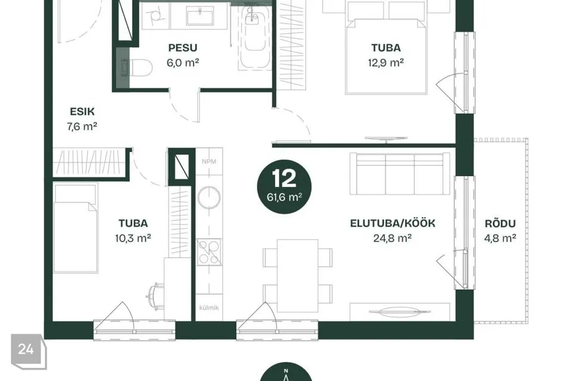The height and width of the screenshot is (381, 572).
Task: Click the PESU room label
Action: pos(182,48)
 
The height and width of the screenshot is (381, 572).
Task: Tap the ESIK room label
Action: pos(82,111)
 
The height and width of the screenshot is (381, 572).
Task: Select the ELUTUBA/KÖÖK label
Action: pos(393,223)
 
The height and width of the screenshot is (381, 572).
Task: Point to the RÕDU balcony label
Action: pos(500,223)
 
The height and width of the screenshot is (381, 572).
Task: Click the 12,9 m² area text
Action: pos(386,63)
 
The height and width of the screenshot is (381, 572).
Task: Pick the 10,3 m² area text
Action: pos(133,238)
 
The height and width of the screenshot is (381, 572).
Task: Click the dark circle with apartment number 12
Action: pos(285,186)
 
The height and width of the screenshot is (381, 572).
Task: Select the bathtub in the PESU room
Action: pos(255,38)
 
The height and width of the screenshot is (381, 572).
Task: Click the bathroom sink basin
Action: pos(200,17)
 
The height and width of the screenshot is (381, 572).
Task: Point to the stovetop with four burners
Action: pos(209,252)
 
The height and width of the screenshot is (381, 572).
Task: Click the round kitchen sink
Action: pos(209,197)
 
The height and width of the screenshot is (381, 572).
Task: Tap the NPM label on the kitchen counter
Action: pos(209,161)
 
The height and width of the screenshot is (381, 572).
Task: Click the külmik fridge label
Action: pos(209,308)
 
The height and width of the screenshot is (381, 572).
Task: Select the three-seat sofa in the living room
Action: pos(400,174)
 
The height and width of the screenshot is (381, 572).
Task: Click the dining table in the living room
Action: pos(297,276)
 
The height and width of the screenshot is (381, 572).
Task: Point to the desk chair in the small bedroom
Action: pos(155,296)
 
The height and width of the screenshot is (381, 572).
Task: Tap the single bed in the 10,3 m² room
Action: pos(76,228)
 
